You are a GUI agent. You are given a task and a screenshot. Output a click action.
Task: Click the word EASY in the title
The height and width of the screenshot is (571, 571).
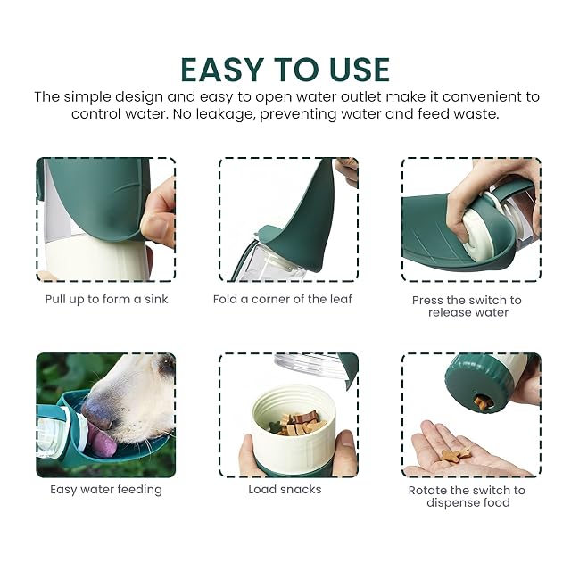(222, 70)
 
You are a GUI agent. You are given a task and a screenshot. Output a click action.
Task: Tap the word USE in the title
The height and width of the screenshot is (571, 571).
(359, 70)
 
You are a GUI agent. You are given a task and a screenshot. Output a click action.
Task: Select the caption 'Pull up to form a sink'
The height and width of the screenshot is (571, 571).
(106, 300)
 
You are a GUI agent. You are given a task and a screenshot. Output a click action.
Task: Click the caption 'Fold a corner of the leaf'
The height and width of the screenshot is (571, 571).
(283, 300)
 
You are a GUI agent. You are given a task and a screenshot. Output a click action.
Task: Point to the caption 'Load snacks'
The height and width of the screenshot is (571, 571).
(285, 490)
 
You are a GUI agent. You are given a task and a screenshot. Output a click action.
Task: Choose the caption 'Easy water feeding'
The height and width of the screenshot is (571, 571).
(106, 490)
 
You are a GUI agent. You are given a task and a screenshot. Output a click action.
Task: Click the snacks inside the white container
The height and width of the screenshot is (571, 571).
(295, 423)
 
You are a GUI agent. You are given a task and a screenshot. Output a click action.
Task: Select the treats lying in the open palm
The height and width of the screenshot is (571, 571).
(455, 454)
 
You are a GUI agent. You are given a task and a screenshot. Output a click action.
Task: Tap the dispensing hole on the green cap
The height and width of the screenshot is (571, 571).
(483, 402)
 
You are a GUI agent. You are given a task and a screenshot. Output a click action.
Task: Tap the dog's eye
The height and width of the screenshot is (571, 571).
(167, 363)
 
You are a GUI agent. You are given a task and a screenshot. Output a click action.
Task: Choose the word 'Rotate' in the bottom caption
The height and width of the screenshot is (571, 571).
(426, 491)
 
